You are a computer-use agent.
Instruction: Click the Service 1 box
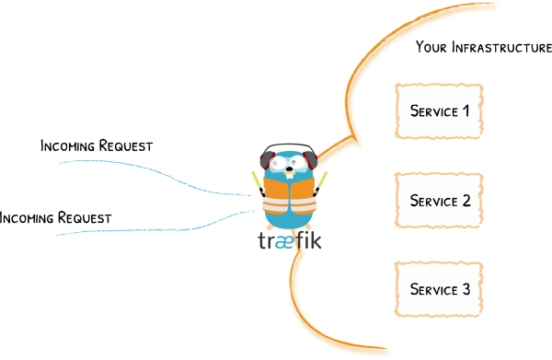click(x=439, y=111)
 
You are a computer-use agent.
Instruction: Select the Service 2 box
click(x=439, y=200)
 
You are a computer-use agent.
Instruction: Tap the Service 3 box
click(x=439, y=289)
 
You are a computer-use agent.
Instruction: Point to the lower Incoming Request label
click(x=55, y=219)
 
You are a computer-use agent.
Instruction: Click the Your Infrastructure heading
click(x=483, y=47)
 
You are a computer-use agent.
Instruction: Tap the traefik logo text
click(x=290, y=243)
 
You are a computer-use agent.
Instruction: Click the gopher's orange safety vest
click(x=290, y=194)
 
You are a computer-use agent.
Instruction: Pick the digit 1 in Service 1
click(x=465, y=111)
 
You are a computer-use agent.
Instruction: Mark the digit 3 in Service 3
click(x=465, y=289)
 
